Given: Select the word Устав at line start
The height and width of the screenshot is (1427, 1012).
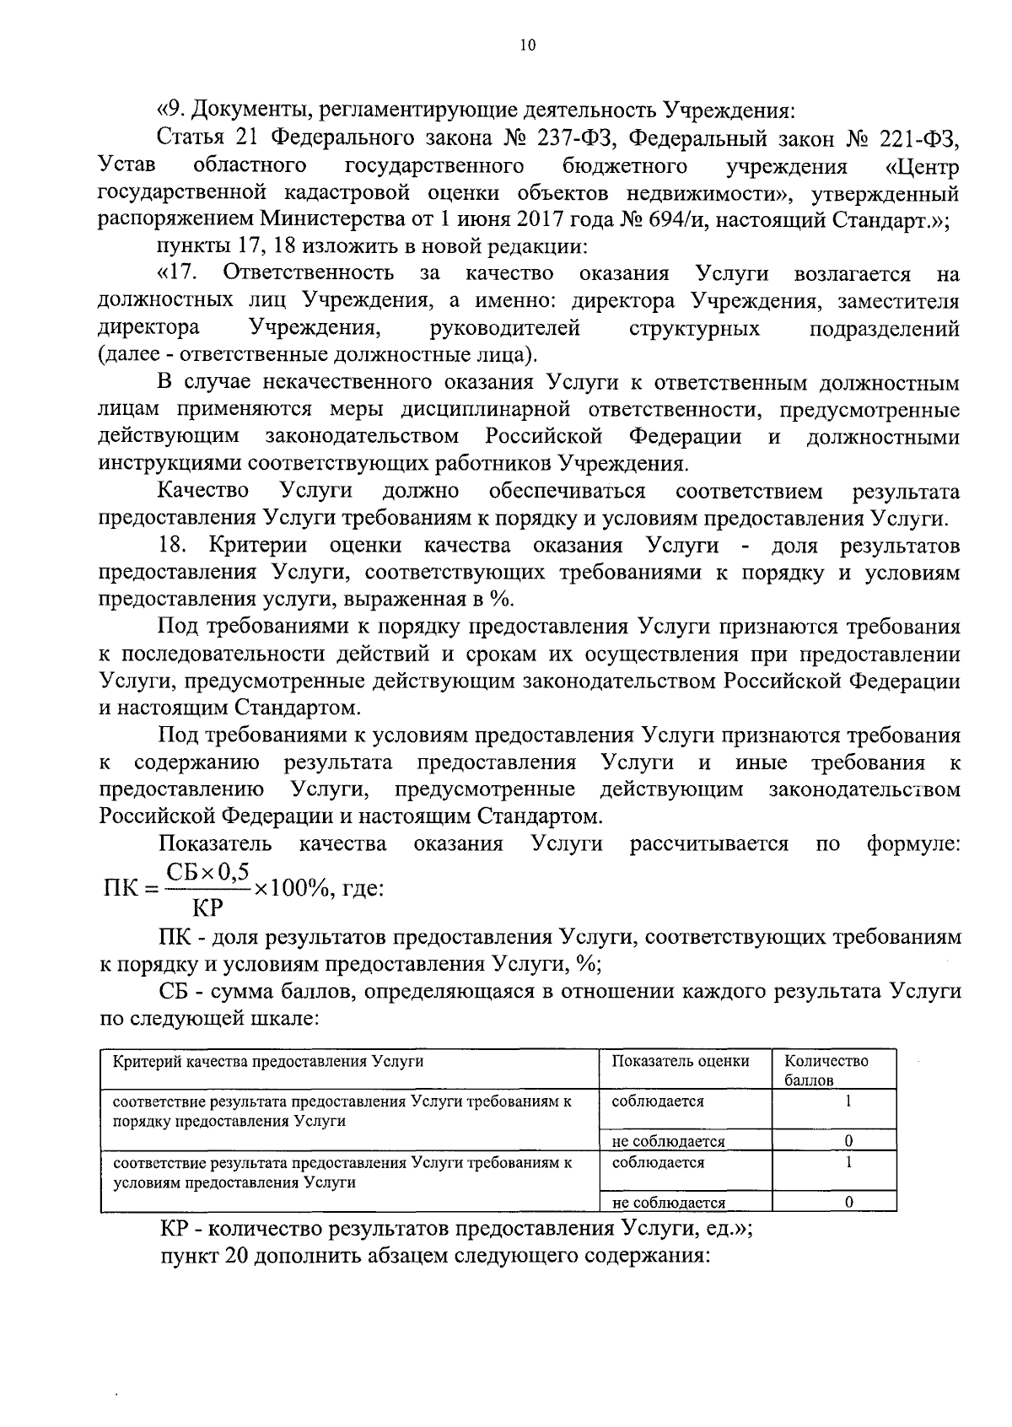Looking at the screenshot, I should (x=125, y=165).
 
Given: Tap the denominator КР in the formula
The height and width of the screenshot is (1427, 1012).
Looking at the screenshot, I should (x=207, y=908).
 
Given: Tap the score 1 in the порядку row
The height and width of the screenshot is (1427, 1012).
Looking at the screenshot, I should (x=849, y=1101).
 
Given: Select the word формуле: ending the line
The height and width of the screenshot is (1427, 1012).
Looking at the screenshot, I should (x=913, y=845).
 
